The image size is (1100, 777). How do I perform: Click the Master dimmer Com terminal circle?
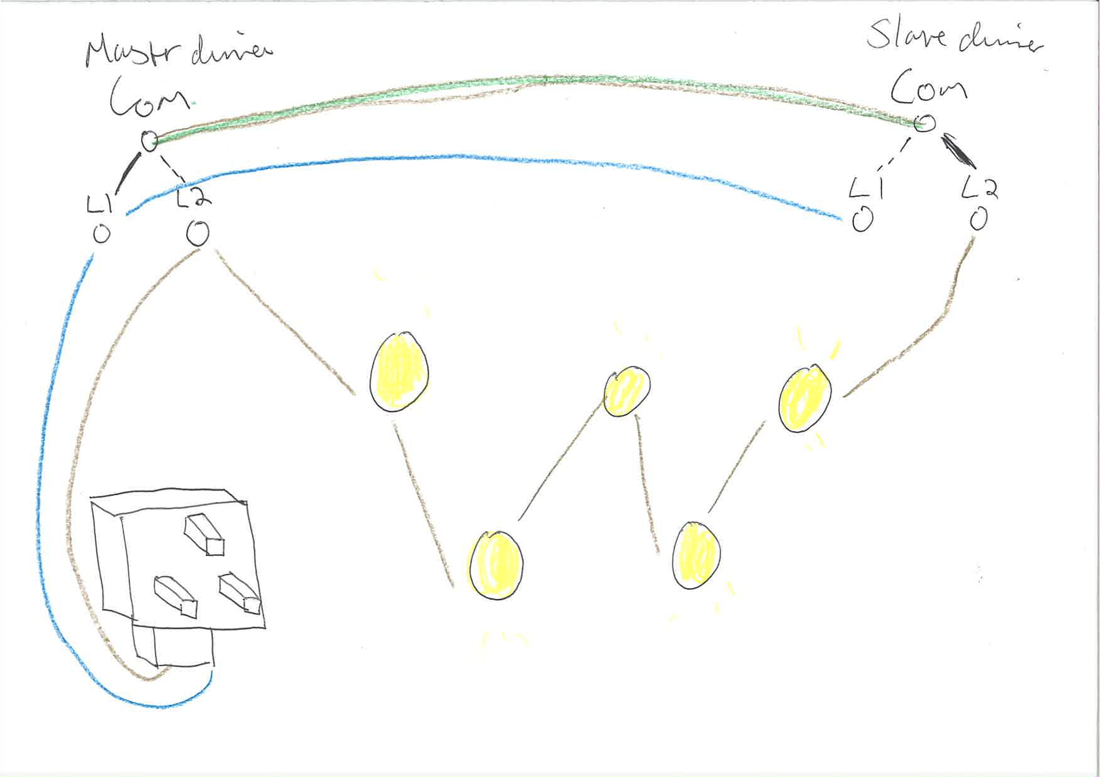click(x=149, y=140)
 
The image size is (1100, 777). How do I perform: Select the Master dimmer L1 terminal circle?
click(x=101, y=234)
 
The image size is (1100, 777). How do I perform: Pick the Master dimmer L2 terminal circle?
click(x=198, y=233)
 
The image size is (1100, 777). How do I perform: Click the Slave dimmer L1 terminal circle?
click(x=862, y=219)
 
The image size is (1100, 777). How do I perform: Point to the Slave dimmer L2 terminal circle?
click(x=979, y=219)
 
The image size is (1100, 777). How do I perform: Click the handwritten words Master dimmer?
click(x=178, y=50)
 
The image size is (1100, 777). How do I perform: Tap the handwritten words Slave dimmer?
click(x=954, y=36)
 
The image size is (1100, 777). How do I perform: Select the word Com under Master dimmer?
click(x=150, y=97)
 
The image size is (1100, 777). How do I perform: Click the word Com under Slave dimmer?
click(x=928, y=87)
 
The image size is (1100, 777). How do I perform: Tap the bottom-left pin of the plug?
click(x=176, y=595)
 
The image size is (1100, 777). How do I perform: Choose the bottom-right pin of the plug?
click(x=239, y=593)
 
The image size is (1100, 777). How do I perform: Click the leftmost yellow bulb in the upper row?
click(x=399, y=371)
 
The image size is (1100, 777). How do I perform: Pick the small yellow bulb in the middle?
click(x=627, y=391)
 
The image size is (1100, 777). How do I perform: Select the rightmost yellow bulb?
click(x=805, y=398)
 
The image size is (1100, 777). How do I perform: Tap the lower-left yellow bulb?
click(x=496, y=565)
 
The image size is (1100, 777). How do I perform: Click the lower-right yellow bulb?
click(x=696, y=555)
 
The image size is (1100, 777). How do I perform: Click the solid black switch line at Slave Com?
click(x=958, y=150)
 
